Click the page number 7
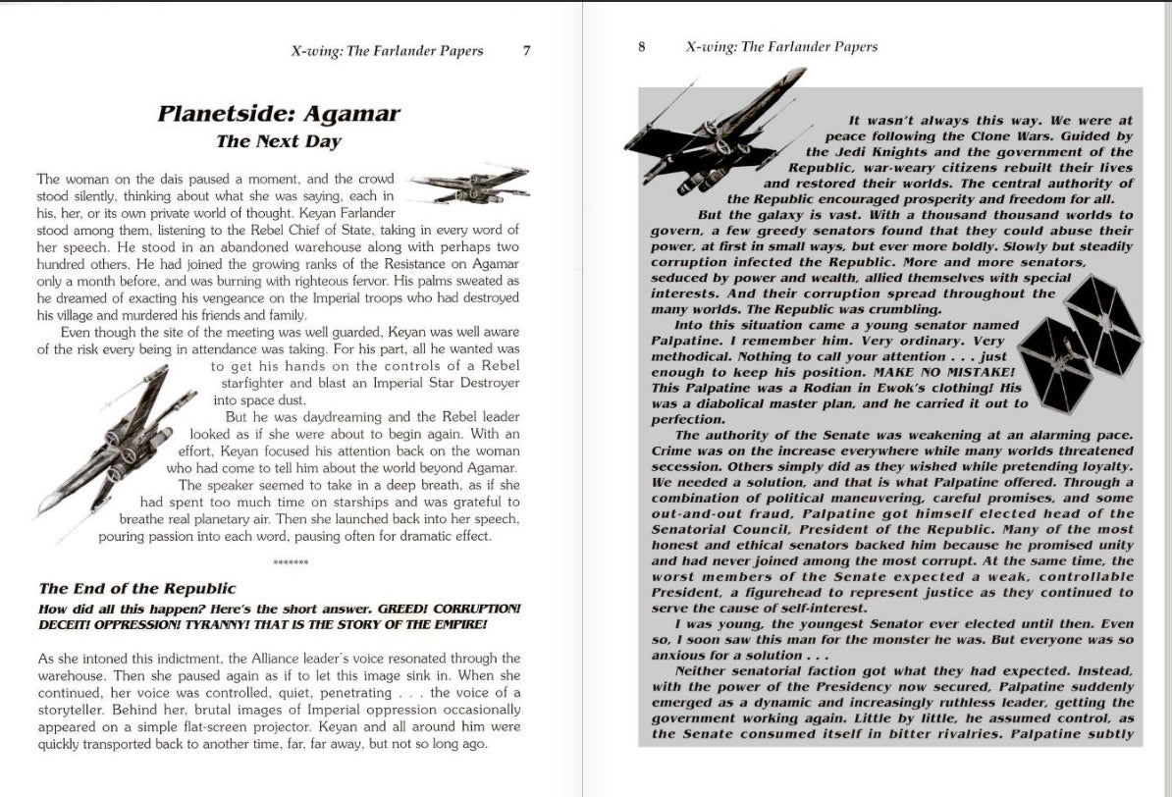pyautogui.click(x=526, y=51)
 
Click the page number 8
pyautogui.click(x=641, y=46)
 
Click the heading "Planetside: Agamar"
pyautogui.click(x=279, y=114)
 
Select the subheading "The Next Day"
pyautogui.click(x=279, y=141)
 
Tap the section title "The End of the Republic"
pyautogui.click(x=137, y=589)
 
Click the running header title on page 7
pyautogui.click(x=387, y=51)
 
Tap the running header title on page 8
pyautogui.click(x=781, y=46)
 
